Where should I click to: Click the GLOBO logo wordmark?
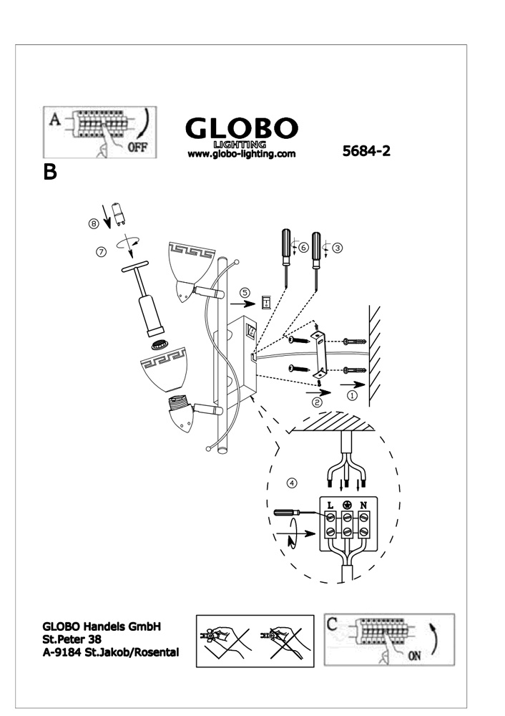click(241, 129)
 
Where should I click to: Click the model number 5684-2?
click(366, 152)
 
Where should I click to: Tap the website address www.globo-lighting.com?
click(241, 153)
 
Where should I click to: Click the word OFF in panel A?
click(137, 147)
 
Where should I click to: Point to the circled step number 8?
click(94, 223)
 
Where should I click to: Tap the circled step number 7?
click(101, 251)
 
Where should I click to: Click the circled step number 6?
click(303, 247)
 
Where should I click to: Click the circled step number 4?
click(291, 483)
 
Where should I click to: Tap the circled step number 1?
click(351, 395)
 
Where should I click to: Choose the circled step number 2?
click(317, 402)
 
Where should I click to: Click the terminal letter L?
click(330, 505)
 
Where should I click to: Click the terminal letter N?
click(363, 505)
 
